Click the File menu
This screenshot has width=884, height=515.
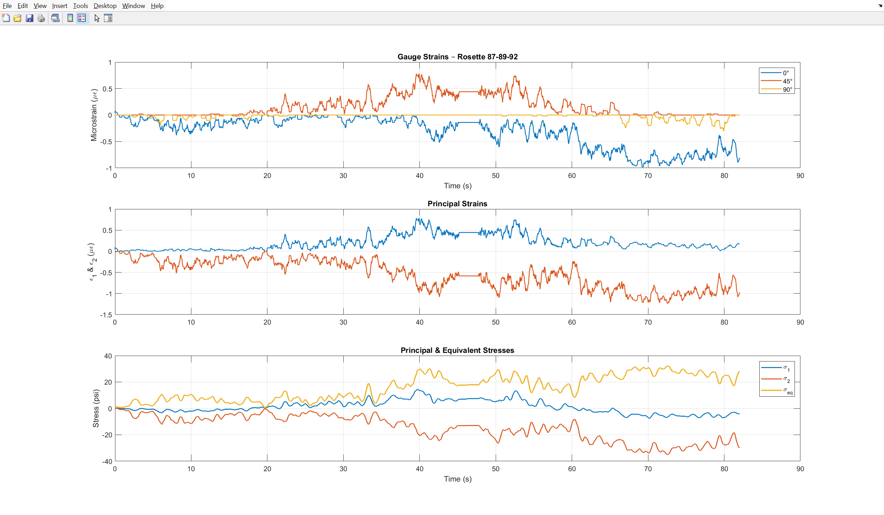7,6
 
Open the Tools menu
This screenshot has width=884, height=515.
80,6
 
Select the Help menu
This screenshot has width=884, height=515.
157,6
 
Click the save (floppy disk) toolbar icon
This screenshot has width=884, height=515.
29,18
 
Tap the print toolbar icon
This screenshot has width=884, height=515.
41,18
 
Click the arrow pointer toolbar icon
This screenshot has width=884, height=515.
97,18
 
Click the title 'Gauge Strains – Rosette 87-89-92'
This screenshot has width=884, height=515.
457,57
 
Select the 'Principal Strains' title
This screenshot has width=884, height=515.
457,204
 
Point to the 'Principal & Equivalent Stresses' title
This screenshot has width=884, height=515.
457,350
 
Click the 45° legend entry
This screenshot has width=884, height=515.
776,81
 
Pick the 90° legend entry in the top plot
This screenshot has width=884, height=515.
776,89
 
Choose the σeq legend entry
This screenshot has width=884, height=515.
777,390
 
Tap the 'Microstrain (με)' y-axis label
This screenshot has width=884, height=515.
94,115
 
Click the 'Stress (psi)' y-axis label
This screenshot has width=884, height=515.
95,408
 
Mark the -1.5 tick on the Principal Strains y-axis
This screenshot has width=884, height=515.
106,315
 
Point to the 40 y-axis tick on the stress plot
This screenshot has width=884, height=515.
108,356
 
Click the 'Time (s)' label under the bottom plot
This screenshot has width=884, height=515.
457,479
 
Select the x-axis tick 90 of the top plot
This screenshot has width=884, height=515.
800,176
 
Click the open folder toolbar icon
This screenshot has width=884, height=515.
18,18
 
